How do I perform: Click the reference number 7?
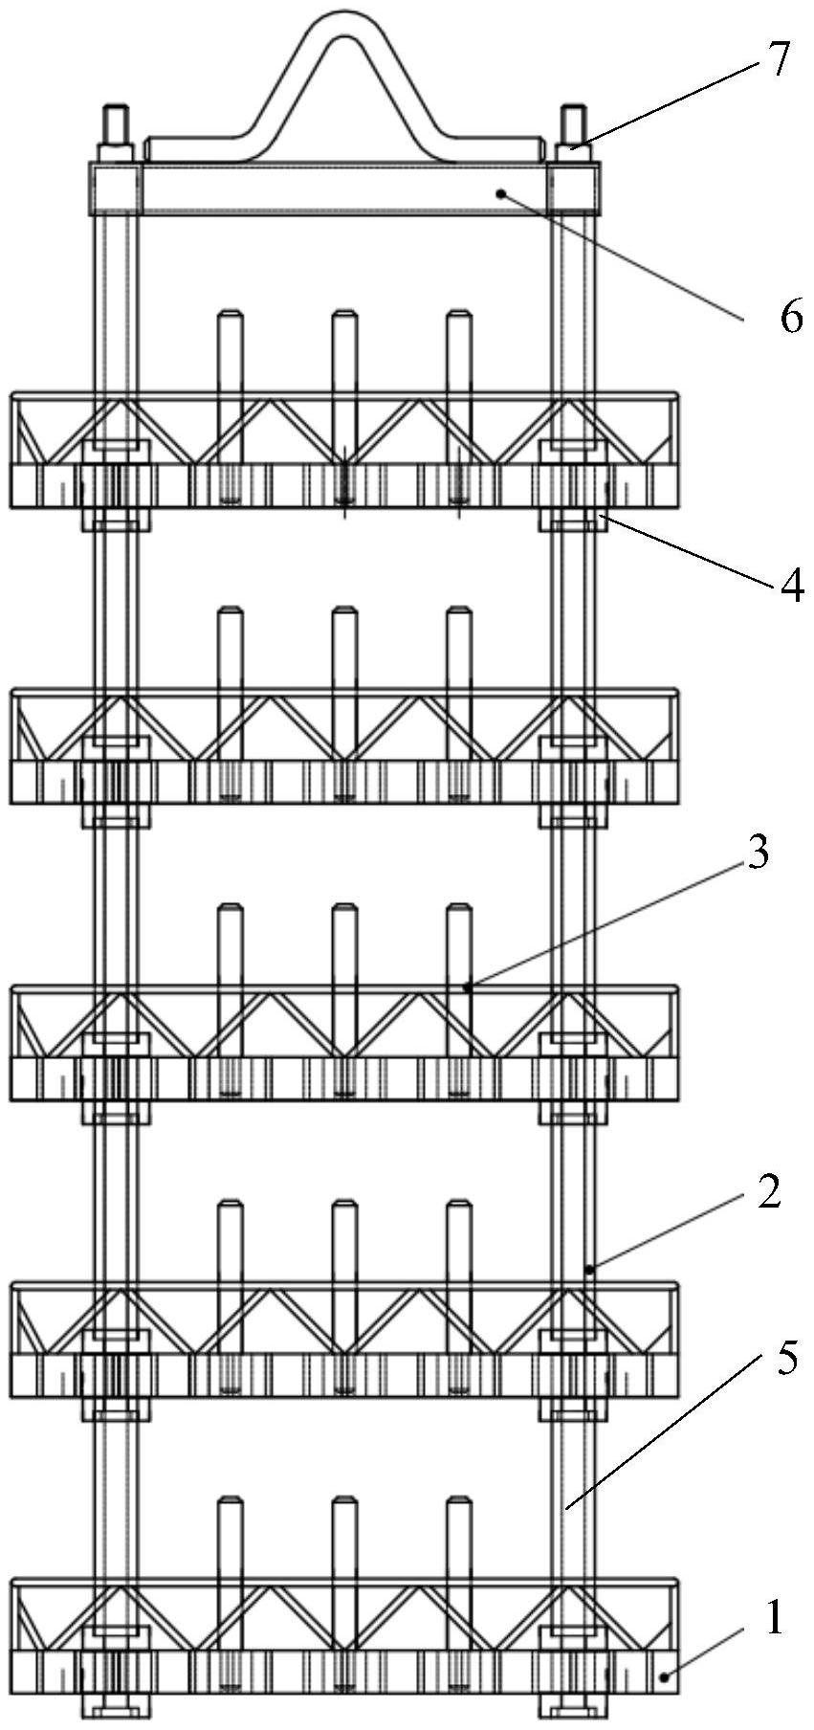point(780,59)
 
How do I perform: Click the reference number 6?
point(789,317)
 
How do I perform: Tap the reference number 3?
point(757,854)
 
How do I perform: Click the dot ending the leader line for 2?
point(590,1269)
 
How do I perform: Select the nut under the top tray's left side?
point(116,520)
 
